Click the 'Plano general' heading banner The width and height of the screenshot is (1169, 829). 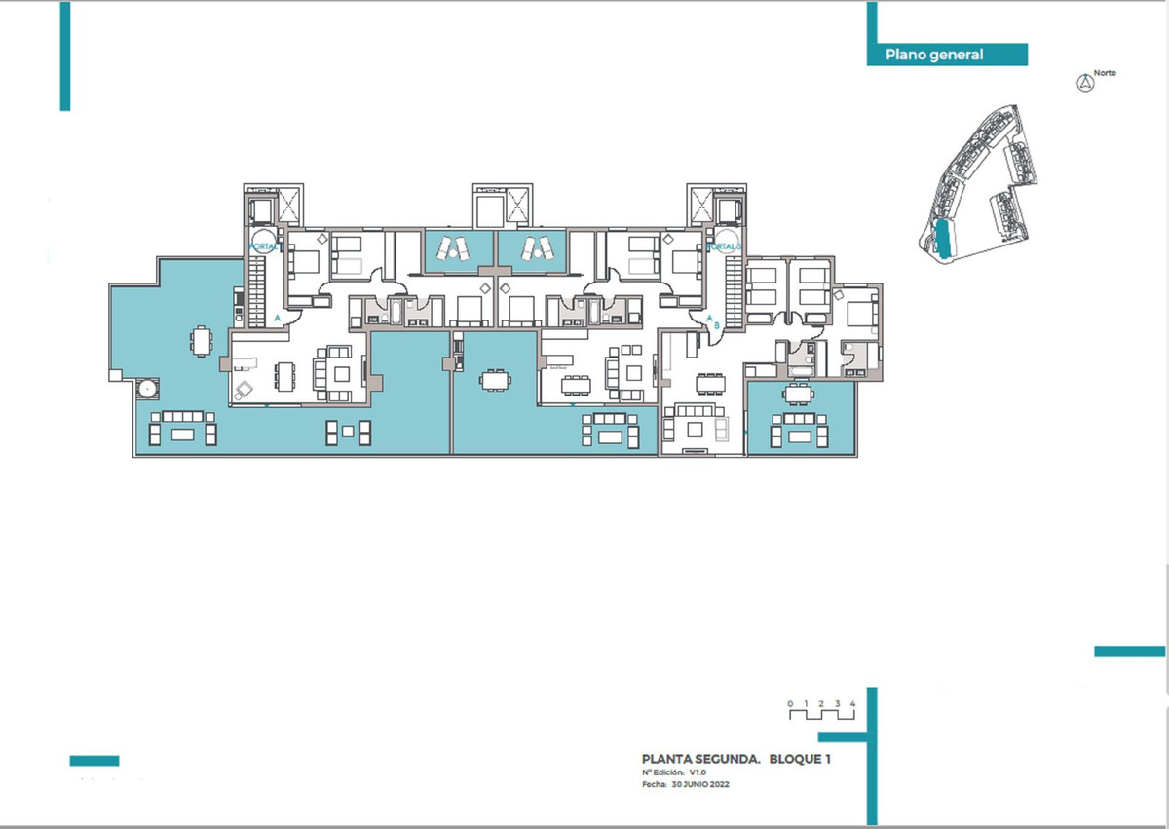[x=934, y=56]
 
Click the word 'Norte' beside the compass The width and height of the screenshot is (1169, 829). [x=1105, y=73]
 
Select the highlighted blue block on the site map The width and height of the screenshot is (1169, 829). [x=943, y=239]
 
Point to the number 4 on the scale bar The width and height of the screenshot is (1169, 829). [x=852, y=703]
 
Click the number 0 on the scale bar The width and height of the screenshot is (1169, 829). [x=791, y=703]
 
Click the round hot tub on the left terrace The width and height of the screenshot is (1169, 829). [x=147, y=389]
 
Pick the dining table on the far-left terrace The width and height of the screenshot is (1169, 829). [x=202, y=341]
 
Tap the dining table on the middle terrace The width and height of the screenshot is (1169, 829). [x=495, y=379]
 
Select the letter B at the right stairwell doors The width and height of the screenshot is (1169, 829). [x=717, y=326]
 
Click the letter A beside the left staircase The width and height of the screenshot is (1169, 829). [x=278, y=319]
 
